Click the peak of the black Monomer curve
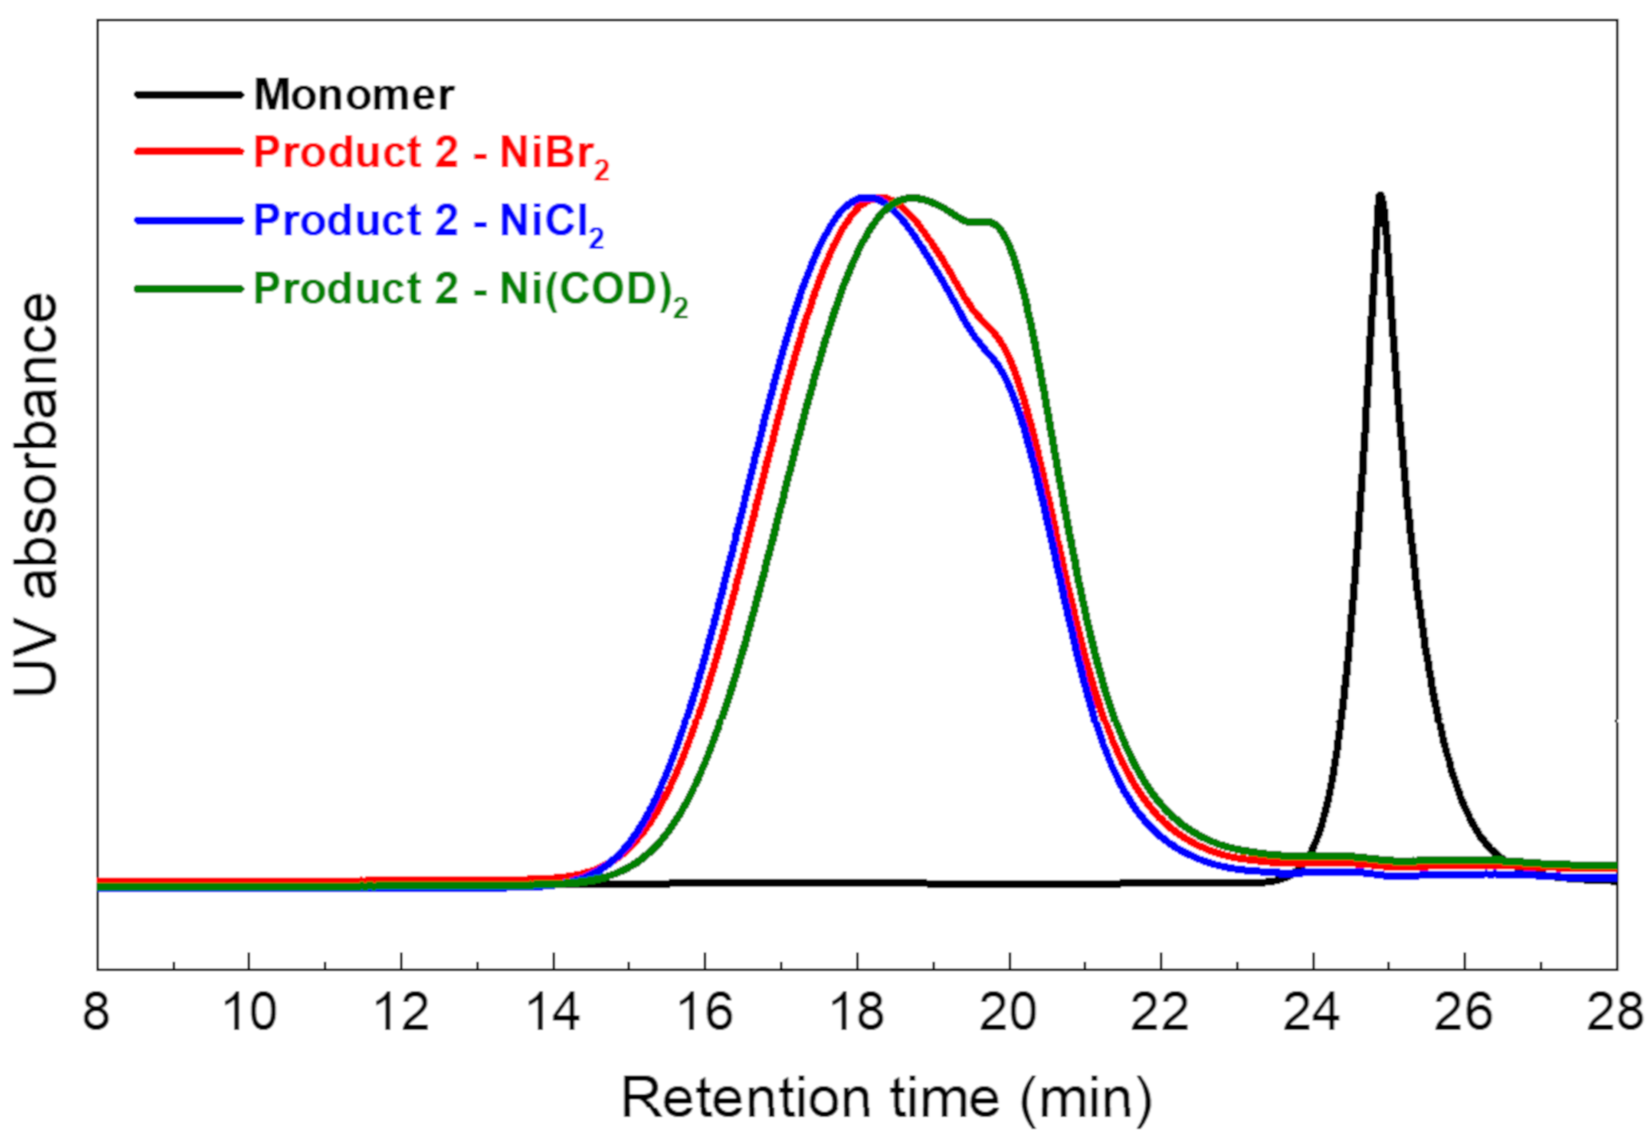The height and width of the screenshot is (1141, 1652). tap(1381, 195)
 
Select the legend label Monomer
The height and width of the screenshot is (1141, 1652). tap(354, 94)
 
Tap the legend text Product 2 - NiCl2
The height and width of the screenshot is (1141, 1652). tap(428, 221)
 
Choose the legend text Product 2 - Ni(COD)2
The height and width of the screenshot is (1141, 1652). tap(470, 289)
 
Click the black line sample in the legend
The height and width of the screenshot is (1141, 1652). tap(189, 94)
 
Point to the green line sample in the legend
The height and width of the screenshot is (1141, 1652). tap(189, 289)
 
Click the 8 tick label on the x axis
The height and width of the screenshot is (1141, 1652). tap(97, 1012)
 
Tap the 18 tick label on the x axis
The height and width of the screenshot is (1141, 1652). tap(857, 1012)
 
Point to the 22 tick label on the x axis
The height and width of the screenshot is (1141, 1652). tap(1160, 1012)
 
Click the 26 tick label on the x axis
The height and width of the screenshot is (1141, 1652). tap(1464, 1012)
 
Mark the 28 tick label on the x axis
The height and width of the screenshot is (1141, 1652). tap(1615, 1012)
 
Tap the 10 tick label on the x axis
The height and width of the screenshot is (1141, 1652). tap(249, 1012)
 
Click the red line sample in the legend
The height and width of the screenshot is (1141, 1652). tap(189, 152)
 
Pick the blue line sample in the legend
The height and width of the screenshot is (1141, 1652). tap(189, 220)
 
